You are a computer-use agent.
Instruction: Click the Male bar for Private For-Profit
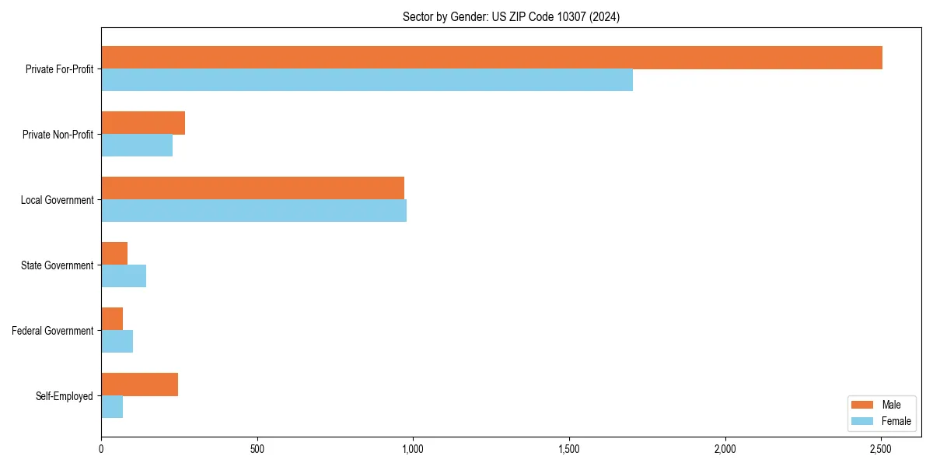[491, 58]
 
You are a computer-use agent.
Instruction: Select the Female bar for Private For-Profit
[367, 80]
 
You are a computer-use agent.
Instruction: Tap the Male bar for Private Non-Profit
[143, 123]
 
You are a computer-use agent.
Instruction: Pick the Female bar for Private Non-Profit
[137, 146]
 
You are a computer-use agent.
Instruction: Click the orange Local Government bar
[253, 188]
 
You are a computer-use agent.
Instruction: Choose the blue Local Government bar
[253, 211]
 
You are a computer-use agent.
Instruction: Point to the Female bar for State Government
[124, 276]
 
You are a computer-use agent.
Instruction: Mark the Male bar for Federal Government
[112, 319]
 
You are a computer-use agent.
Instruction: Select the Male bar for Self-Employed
[140, 384]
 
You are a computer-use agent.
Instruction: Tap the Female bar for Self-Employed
[112, 407]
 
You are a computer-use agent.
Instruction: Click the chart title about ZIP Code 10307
[511, 16]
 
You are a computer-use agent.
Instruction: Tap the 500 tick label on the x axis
[257, 449]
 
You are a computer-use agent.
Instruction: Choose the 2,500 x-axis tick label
[881, 449]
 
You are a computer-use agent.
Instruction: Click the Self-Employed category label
[65, 396]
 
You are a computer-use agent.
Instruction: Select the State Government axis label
[58, 265]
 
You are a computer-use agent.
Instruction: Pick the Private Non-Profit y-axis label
[58, 135]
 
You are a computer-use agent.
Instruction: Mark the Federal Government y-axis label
[53, 331]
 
